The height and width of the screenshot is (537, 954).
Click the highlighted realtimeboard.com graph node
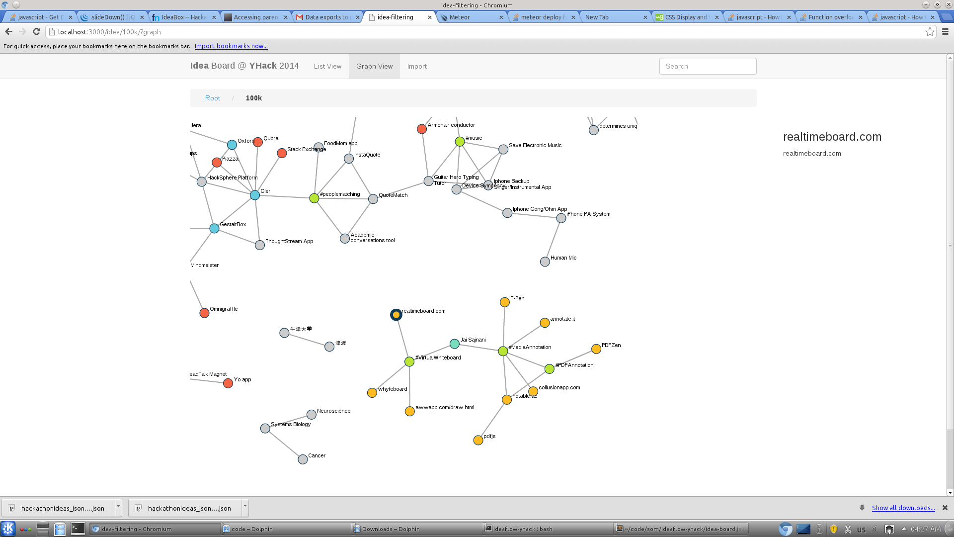[396, 315]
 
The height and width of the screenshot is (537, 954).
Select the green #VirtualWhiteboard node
[409, 361]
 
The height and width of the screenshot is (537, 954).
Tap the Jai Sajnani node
[454, 344]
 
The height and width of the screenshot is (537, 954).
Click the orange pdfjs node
[478, 440]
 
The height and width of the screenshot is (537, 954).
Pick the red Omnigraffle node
[204, 313]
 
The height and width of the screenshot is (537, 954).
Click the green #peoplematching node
[314, 198]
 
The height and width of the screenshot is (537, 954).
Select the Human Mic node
[545, 262]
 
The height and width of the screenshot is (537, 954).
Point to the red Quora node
[257, 142]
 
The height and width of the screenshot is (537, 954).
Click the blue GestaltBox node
[214, 228]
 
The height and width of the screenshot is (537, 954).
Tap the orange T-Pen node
[505, 302]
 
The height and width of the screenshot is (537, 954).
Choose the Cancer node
[303, 459]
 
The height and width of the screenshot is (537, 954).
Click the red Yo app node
[228, 383]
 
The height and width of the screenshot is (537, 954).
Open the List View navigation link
[327, 66]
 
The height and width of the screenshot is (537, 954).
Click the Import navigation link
[417, 66]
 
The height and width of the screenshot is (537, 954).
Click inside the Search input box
[708, 66]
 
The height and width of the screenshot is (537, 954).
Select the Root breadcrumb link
[213, 98]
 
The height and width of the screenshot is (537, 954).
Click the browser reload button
[36, 31]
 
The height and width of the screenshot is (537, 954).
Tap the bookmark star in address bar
[930, 31]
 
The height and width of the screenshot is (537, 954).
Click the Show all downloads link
[903, 508]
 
